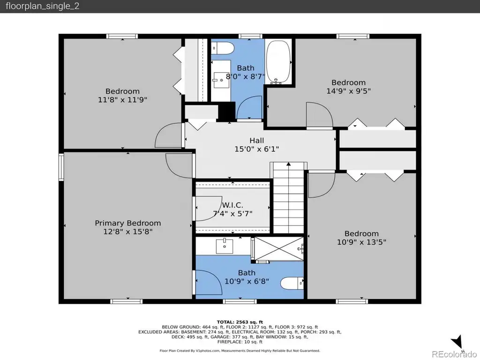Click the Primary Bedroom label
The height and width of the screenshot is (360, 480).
(127, 223)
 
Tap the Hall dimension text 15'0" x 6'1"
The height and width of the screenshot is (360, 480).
(256, 149)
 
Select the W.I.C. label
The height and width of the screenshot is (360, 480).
(232, 205)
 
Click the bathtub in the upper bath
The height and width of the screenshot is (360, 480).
(278, 61)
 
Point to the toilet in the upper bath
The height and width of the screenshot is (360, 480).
(223, 48)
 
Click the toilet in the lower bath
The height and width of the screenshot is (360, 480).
(292, 283)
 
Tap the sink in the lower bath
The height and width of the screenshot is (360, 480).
(225, 246)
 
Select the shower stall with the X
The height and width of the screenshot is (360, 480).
(278, 249)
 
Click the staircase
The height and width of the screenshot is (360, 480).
(288, 198)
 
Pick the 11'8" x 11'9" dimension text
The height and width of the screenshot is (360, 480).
(122, 100)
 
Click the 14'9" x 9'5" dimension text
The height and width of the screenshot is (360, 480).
(348, 91)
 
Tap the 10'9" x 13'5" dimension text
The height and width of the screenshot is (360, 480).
(361, 242)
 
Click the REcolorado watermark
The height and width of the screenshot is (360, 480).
(454, 354)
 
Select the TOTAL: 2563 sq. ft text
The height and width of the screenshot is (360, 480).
(240, 322)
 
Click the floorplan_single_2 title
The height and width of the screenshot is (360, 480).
(43, 6)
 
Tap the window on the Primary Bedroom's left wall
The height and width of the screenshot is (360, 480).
(61, 167)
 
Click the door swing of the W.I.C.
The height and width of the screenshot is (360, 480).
(209, 208)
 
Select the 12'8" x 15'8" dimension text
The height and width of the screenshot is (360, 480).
(127, 232)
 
